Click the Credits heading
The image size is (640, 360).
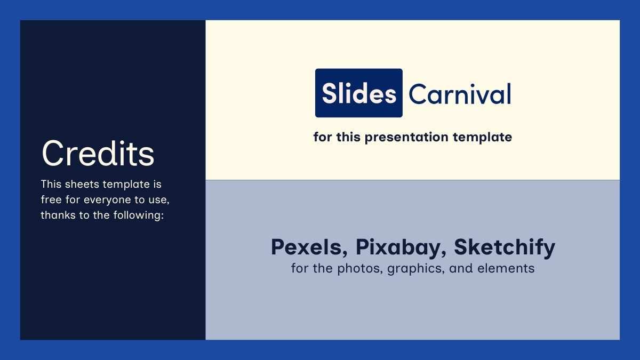click(x=98, y=154)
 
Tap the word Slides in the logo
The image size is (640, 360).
click(x=359, y=94)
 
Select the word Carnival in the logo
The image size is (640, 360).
click(x=460, y=94)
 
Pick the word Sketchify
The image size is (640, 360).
click(x=505, y=247)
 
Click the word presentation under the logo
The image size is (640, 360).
click(x=403, y=138)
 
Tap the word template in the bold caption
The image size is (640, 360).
click(x=482, y=137)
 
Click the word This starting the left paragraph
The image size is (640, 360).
click(x=51, y=184)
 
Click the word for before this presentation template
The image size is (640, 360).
click(x=323, y=137)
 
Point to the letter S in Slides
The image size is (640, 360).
click(x=329, y=94)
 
